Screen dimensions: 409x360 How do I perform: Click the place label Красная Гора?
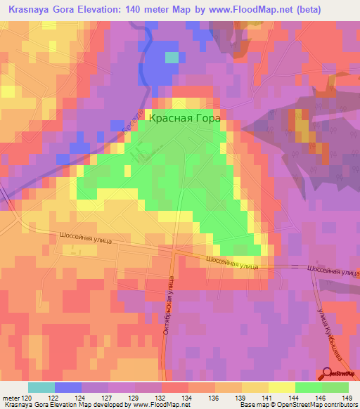(x=185, y=118)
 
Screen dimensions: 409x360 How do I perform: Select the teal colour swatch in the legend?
(x=41, y=387)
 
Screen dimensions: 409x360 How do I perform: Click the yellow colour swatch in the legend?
(x=281, y=387)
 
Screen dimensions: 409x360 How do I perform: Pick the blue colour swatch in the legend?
(x=67, y=387)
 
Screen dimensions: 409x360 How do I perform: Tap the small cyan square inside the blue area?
(x=172, y=58)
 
